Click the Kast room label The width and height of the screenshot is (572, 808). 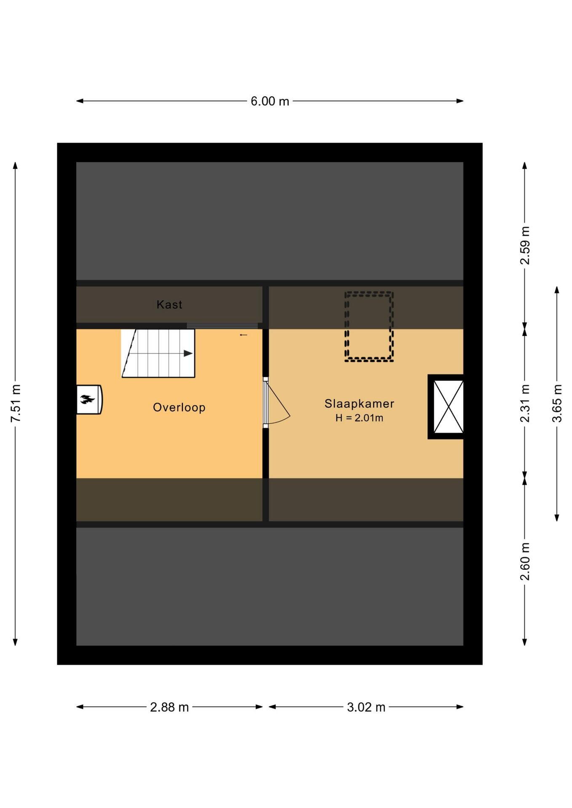[169, 304]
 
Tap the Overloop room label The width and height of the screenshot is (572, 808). [179, 407]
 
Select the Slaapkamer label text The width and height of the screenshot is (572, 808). [359, 404]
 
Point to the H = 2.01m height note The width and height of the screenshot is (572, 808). [359, 418]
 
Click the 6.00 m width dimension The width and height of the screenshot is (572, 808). [270, 101]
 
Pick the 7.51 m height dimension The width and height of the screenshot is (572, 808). [16, 403]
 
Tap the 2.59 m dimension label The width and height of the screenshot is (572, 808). [525, 245]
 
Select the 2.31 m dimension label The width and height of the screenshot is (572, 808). [525, 403]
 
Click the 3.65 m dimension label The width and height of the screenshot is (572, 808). [557, 403]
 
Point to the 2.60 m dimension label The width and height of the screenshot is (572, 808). [525, 561]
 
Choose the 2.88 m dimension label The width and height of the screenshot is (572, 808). [169, 707]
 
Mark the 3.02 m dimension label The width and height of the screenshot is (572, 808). [366, 707]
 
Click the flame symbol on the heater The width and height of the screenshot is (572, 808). [87, 399]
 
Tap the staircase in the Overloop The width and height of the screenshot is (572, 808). [158, 353]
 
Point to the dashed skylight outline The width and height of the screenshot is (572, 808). [369, 327]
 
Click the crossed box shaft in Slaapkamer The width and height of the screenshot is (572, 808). [446, 407]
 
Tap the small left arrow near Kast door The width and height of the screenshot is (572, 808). [243, 335]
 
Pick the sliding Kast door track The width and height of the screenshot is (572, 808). [222, 326]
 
